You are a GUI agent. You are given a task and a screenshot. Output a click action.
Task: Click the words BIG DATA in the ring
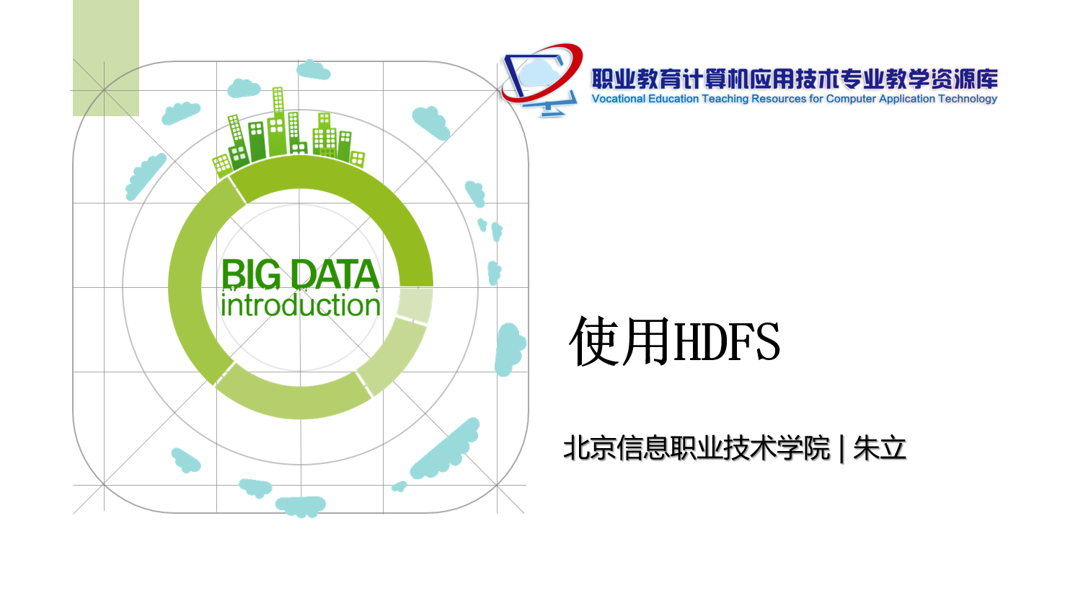click(x=301, y=274)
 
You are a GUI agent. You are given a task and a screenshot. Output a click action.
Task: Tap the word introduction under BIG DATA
click(x=301, y=305)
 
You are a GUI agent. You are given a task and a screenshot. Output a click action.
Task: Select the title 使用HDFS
click(x=675, y=341)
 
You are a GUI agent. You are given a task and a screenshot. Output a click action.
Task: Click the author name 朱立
click(x=880, y=448)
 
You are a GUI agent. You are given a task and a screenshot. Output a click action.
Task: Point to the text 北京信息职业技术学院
click(x=697, y=448)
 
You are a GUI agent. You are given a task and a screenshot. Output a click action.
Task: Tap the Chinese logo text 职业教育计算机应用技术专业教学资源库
click(x=795, y=79)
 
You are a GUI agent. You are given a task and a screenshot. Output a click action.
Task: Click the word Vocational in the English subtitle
click(x=619, y=98)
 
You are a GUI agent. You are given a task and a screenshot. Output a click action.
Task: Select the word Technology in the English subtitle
click(x=968, y=99)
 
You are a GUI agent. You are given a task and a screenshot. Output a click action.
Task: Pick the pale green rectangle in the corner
click(x=105, y=58)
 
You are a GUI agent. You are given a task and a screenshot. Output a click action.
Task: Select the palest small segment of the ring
click(x=415, y=305)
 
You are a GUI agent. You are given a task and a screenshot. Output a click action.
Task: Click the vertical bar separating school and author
click(x=842, y=449)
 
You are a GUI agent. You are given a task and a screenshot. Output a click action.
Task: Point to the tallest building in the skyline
click(x=278, y=121)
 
